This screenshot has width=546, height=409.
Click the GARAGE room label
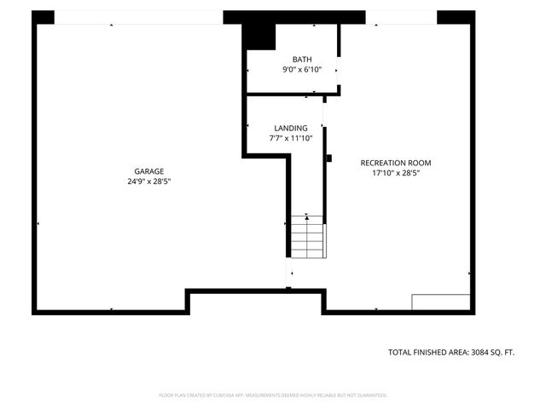[x=148, y=171]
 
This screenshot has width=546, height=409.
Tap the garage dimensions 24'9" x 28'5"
[x=148, y=181]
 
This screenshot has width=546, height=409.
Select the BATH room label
[x=302, y=59]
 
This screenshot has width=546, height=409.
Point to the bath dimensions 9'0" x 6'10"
[x=302, y=69]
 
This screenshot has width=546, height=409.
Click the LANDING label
[x=291, y=128]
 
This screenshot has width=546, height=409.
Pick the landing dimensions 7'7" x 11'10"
[x=291, y=138]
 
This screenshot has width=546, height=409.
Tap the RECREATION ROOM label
[x=396, y=163]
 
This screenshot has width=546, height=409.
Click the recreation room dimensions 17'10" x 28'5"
[x=396, y=173]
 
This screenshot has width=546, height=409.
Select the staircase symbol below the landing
[x=307, y=239]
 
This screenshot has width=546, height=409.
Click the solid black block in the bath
[x=258, y=37]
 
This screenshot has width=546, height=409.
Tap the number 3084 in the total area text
[x=484, y=352]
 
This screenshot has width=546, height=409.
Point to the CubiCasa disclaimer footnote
[x=273, y=395]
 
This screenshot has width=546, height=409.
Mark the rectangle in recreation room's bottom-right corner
[x=441, y=302]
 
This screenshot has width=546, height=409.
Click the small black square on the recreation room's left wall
[x=328, y=158]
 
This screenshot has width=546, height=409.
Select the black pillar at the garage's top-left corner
[x=43, y=17]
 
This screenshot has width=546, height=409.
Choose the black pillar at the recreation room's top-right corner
[x=456, y=17]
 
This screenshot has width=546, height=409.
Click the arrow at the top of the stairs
[x=306, y=218]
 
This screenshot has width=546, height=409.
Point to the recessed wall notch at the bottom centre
[x=256, y=300]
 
